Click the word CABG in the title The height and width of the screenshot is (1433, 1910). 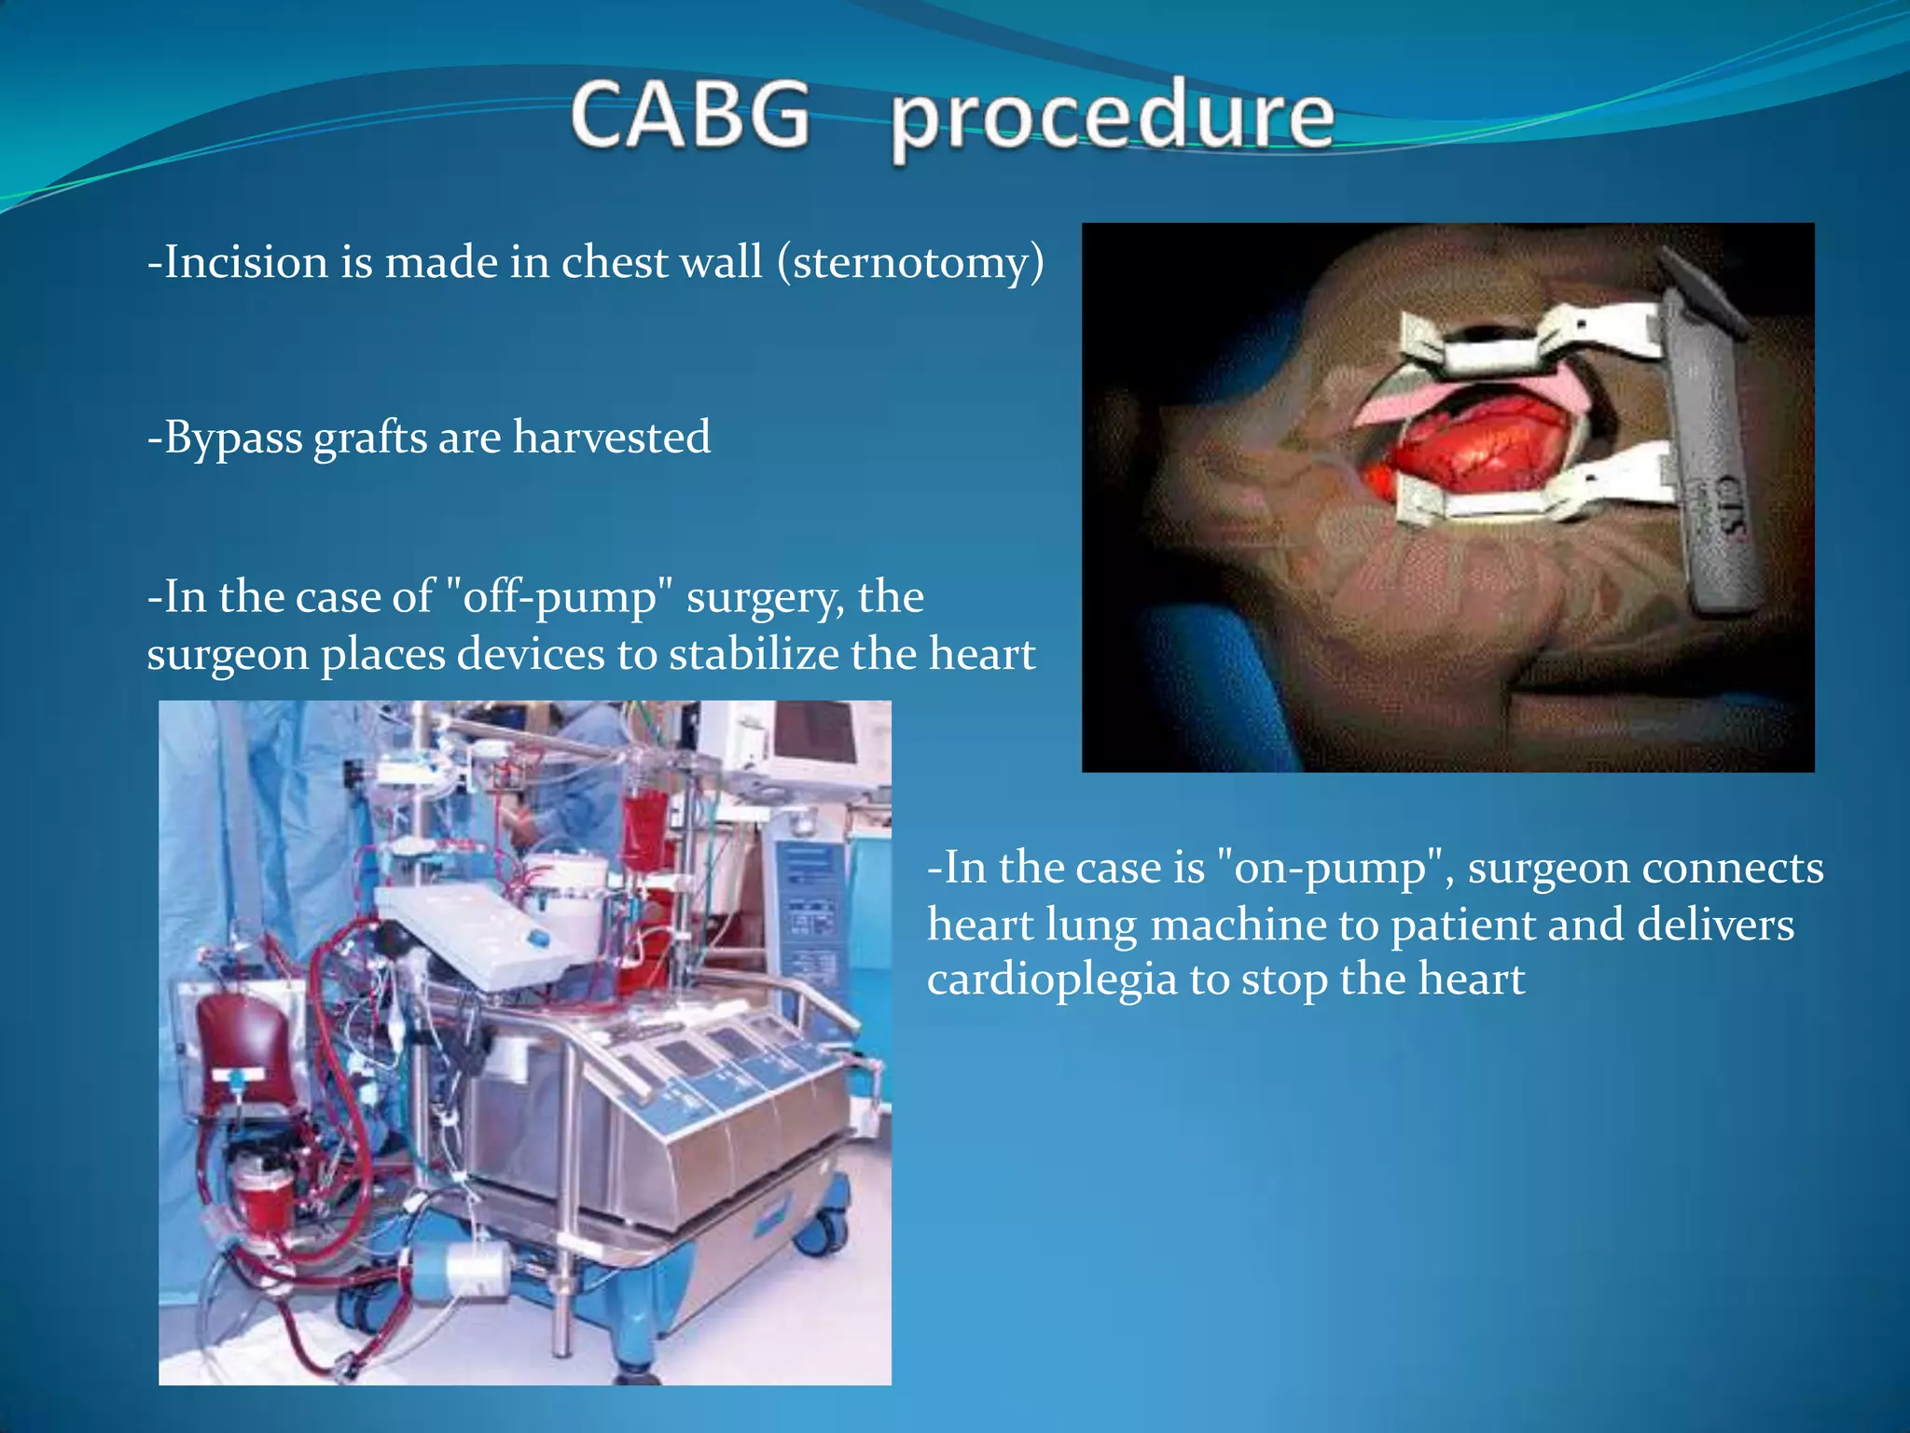pyautogui.click(x=691, y=115)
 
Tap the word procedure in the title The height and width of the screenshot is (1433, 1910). pyautogui.click(x=1113, y=121)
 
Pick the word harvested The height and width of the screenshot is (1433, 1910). pyautogui.click(x=612, y=437)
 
